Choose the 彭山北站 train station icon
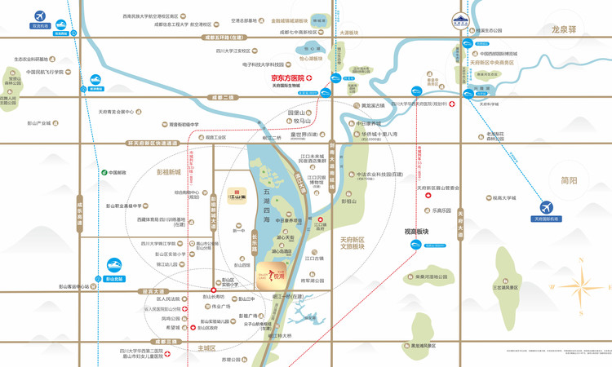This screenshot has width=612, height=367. coord(113,266)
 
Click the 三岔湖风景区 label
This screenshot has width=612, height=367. coord(505,287)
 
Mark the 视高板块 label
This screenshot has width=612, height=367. coord(416,232)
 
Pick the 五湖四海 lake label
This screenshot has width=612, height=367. coord(266,199)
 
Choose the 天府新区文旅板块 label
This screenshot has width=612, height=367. coord(356,242)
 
